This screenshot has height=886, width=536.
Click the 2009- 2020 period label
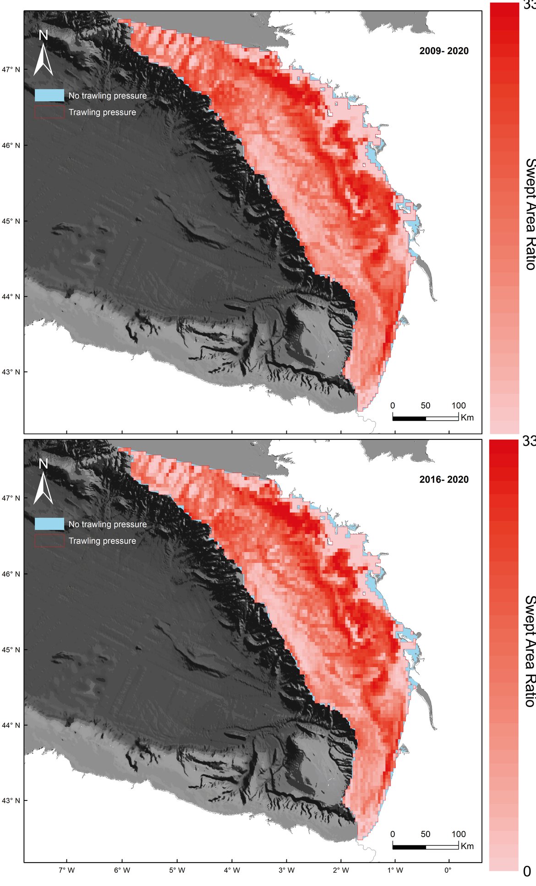443,51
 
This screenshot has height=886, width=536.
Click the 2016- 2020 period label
443,479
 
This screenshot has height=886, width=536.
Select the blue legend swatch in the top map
49,95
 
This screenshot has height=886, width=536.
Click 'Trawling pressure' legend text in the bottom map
102,541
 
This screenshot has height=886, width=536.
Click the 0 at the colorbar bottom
527,871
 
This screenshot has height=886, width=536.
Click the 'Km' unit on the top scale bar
467,417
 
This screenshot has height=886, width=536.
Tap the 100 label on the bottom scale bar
458,834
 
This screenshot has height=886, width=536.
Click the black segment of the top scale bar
409,418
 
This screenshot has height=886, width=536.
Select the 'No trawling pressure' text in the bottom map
108,524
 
